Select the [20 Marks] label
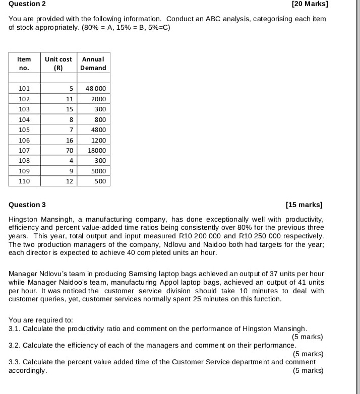click(x=310, y=4)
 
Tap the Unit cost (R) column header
click(x=58, y=63)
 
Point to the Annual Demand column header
click(x=94, y=63)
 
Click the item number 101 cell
click(x=24, y=89)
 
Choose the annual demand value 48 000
click(x=95, y=89)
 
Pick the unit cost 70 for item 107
click(x=70, y=150)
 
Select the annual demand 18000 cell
click(x=97, y=150)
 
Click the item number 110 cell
click(x=24, y=181)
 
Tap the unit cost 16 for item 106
click(x=70, y=140)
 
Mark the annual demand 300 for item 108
click(x=100, y=160)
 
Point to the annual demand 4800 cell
click(x=98, y=129)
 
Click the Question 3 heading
click(x=27, y=205)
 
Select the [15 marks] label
click(x=304, y=205)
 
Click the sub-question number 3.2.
click(x=15, y=345)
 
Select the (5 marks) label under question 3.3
click(x=308, y=370)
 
